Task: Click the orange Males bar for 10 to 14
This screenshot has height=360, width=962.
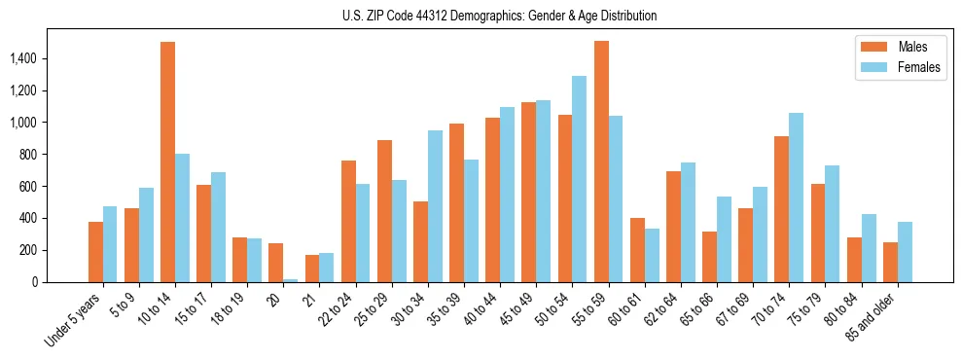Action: click(x=167, y=162)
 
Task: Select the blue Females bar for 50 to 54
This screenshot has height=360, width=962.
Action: click(x=580, y=179)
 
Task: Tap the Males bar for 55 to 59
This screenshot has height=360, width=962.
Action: click(x=601, y=162)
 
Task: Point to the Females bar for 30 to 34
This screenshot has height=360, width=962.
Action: click(x=435, y=206)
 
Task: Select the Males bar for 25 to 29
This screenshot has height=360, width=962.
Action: click(x=384, y=211)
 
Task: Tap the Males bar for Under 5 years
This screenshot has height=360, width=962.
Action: click(x=95, y=252)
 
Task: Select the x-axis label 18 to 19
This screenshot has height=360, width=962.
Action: click(x=229, y=306)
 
